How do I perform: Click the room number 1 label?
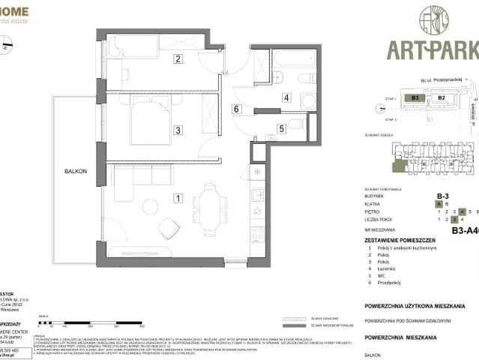tap(178, 198)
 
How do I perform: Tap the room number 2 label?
tap(178, 58)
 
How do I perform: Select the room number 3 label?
tap(178, 130)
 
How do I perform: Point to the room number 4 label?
tap(286, 97)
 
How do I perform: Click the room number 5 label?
tap(282, 128)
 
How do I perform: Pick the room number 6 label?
tap(235, 109)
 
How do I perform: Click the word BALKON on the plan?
tap(75, 172)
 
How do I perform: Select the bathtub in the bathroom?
tap(295, 58)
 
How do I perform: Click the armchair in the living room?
tap(169, 227)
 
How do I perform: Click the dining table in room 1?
tap(209, 205)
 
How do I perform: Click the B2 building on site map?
tap(442, 97)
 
